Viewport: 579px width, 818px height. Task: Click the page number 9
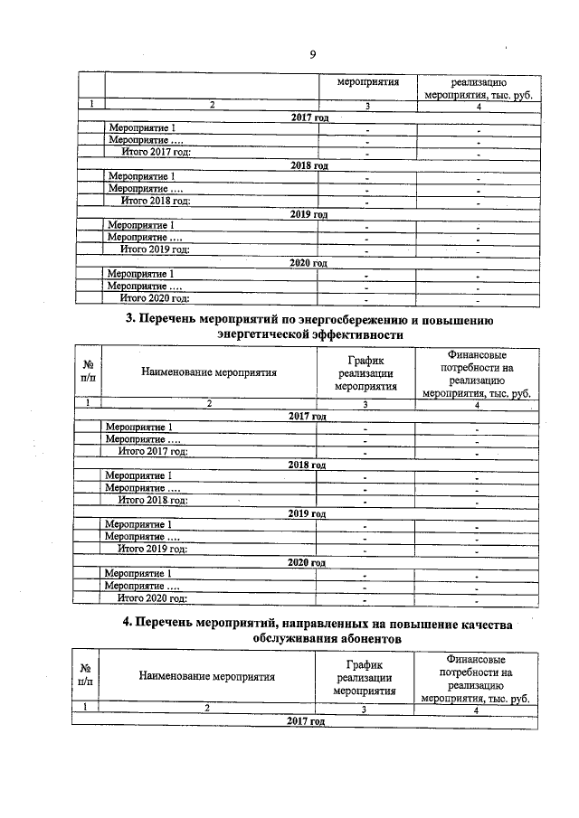(311, 54)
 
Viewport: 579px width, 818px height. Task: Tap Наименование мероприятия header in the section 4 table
(207, 675)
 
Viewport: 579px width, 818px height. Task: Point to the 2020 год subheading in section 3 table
(306, 562)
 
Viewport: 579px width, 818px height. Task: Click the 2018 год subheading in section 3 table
(306, 465)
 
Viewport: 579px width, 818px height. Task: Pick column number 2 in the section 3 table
(208, 404)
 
